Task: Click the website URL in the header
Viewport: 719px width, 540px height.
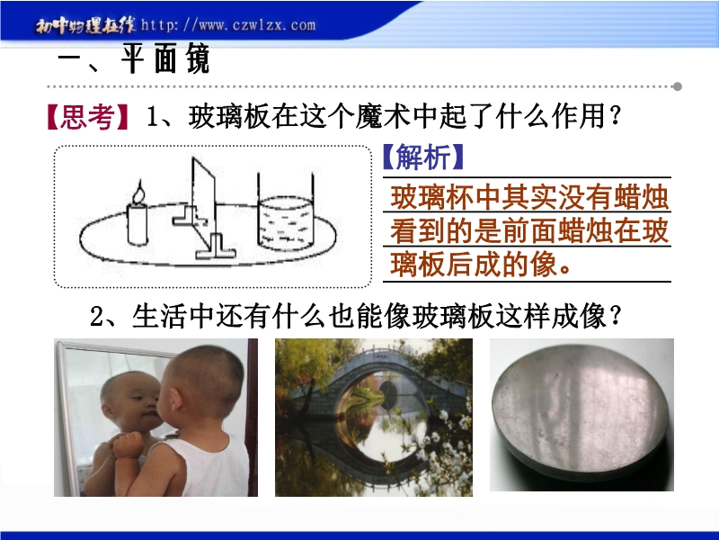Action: tap(228, 24)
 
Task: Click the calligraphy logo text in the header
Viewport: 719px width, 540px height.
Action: tap(85, 26)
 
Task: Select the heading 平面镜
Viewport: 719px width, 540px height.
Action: tap(165, 59)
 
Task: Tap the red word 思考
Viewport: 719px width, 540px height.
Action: tap(86, 117)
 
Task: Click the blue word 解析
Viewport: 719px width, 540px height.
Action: tap(422, 157)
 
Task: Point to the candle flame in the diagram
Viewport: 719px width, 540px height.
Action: tap(138, 192)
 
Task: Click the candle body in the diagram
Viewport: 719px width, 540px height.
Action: tap(138, 224)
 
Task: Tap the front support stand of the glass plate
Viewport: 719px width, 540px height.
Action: tap(216, 247)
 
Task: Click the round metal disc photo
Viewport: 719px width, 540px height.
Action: tap(579, 410)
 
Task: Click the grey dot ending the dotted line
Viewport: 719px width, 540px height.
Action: tap(677, 86)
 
